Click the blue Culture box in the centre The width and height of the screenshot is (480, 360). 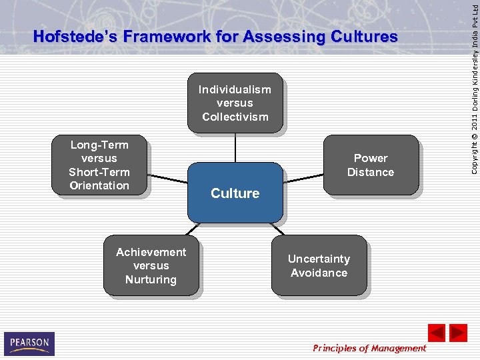click(x=235, y=193)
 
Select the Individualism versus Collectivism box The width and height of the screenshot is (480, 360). click(x=235, y=103)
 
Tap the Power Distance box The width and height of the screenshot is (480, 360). click(x=370, y=165)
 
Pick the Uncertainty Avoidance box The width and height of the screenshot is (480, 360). click(x=319, y=265)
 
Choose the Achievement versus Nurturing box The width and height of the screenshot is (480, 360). click(x=151, y=265)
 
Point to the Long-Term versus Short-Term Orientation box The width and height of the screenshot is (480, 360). click(x=99, y=165)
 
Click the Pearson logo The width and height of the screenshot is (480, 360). click(x=29, y=343)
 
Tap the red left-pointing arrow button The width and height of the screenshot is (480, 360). click(x=437, y=333)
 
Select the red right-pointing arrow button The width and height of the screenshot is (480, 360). click(x=458, y=333)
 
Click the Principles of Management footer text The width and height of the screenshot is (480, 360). click(x=369, y=348)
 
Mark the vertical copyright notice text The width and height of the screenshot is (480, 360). click(x=473, y=87)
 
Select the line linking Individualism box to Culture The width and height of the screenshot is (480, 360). click(x=235, y=147)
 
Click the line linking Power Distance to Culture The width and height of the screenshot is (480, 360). click(x=303, y=177)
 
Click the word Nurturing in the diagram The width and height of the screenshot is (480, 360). click(x=151, y=279)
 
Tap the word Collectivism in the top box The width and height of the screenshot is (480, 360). click(x=235, y=117)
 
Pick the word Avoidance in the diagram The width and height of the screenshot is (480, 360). click(x=319, y=273)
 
